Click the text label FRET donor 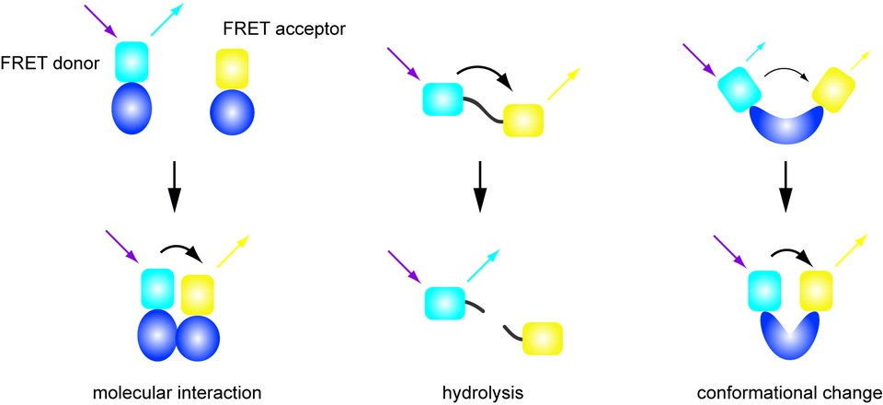click(49, 64)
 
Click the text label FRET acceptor click(282, 29)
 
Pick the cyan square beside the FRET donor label click(132, 62)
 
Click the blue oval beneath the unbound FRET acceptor click(232, 111)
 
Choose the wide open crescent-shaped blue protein click(786, 128)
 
